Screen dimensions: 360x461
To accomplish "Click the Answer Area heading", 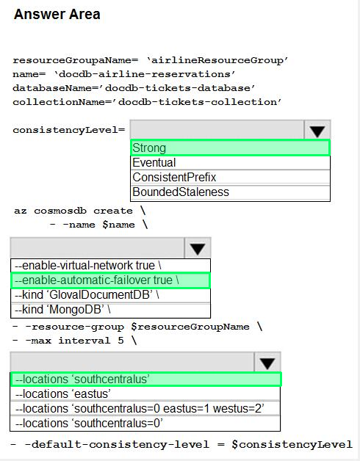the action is coord(57,15).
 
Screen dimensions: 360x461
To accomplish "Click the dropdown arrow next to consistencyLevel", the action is coord(317,130).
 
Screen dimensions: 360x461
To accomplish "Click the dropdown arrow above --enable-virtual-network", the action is coord(198,248).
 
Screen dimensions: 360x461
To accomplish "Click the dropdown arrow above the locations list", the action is coord(267,362).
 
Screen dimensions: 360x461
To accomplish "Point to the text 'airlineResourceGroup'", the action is coord(217,61).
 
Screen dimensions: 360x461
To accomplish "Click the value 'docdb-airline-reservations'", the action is coord(145,74).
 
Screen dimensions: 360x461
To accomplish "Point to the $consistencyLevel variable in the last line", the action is coord(292,444).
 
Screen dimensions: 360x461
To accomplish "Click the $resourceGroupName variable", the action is coord(190,327).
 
